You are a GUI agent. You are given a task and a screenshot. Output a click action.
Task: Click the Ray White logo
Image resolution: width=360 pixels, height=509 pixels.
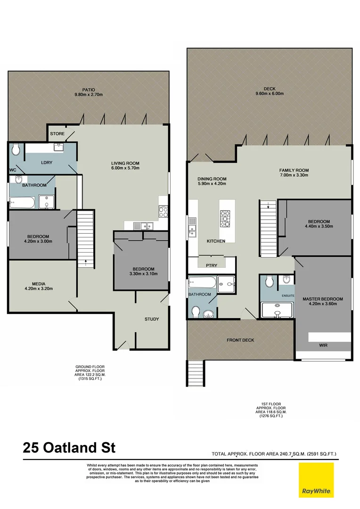(x=316, y=479)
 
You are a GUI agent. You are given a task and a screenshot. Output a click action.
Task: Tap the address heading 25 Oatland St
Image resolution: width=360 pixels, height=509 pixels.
(x=69, y=447)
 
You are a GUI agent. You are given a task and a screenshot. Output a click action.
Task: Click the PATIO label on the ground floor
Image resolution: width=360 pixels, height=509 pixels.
(x=88, y=89)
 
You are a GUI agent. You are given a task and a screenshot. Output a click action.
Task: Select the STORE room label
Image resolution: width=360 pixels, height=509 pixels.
(x=57, y=134)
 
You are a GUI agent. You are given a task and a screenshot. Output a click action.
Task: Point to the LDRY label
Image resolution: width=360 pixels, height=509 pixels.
(x=46, y=163)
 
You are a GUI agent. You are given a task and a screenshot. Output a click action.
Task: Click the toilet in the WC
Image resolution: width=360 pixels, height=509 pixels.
(x=16, y=150)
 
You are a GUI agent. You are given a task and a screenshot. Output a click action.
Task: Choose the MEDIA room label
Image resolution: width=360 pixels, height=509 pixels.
(x=39, y=284)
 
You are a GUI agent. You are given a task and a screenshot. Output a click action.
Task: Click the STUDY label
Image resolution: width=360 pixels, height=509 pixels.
(x=152, y=319)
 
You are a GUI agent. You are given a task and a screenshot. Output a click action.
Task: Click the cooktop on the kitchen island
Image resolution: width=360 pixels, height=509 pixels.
(x=226, y=218)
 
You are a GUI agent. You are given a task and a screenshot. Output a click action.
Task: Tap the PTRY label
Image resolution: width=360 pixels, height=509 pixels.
(x=212, y=265)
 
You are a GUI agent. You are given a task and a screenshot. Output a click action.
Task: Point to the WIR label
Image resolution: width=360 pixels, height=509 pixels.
(x=323, y=345)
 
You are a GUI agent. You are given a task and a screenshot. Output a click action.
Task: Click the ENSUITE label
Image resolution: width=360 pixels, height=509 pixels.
(x=288, y=296)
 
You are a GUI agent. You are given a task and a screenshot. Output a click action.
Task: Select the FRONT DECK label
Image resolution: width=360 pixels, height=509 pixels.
(x=240, y=340)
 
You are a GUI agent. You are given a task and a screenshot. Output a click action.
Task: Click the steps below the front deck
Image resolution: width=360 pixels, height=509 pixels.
(x=196, y=373)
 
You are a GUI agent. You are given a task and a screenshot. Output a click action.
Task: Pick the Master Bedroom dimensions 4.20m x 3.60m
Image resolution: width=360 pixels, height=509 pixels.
(x=323, y=304)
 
